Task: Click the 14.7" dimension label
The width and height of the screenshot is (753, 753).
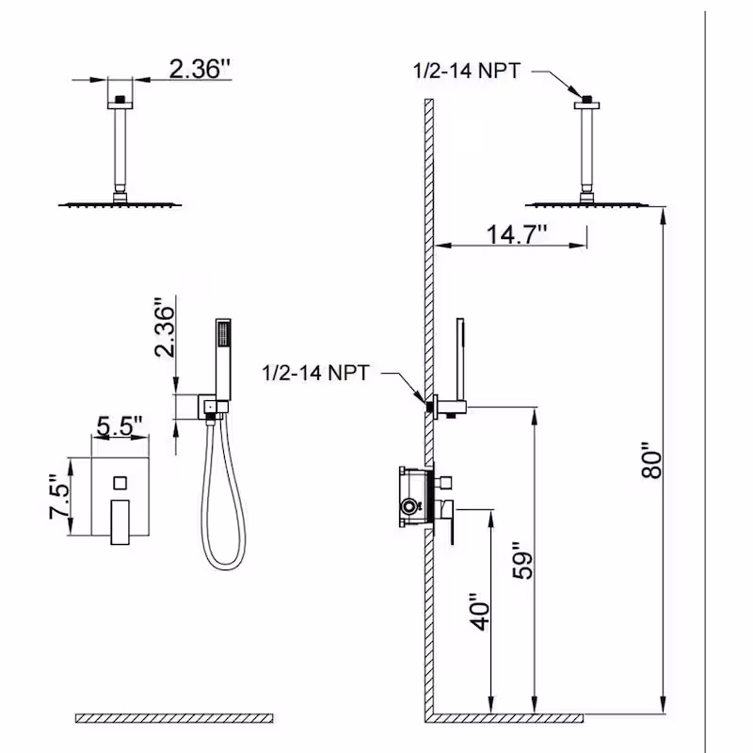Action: (517, 234)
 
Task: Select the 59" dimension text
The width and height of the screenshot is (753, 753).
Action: (522, 560)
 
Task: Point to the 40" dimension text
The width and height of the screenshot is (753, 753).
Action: (480, 612)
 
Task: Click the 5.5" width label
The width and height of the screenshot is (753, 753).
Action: (120, 425)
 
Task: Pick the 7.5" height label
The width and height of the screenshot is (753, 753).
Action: (59, 497)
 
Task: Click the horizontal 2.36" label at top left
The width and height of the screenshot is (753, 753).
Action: (200, 69)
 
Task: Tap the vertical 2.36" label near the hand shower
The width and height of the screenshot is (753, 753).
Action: (164, 328)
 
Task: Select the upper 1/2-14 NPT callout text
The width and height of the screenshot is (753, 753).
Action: (466, 72)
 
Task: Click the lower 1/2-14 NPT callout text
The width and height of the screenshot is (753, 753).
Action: (315, 373)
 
